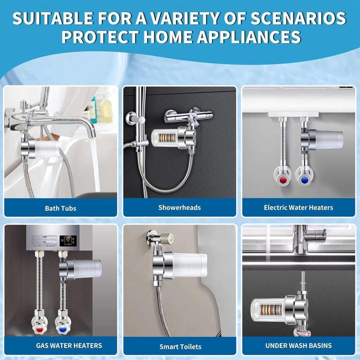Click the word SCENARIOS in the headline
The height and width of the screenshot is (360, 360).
(x=298, y=18)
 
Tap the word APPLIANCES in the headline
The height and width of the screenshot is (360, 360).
(x=249, y=37)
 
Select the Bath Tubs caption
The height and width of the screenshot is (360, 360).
(x=61, y=208)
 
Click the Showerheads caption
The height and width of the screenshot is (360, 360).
(x=180, y=207)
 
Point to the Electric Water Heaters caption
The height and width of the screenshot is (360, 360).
(x=298, y=207)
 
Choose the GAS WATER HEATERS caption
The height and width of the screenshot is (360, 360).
(x=69, y=346)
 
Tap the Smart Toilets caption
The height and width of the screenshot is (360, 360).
(x=180, y=346)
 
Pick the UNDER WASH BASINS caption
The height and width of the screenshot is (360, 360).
(x=298, y=346)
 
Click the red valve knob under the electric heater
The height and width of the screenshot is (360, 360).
(x=283, y=180)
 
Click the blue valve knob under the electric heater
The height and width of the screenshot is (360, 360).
(x=304, y=180)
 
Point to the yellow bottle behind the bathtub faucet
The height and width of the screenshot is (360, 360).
(x=106, y=109)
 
